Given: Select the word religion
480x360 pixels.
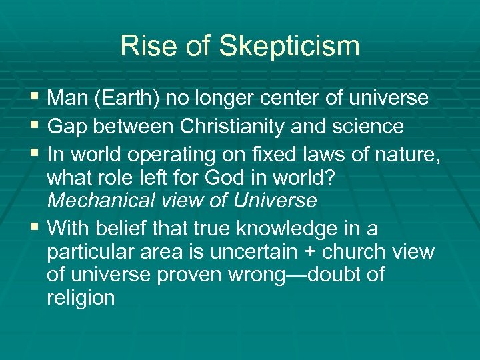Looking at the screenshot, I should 81,298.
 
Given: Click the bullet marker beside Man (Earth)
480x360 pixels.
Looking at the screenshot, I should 35,99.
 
